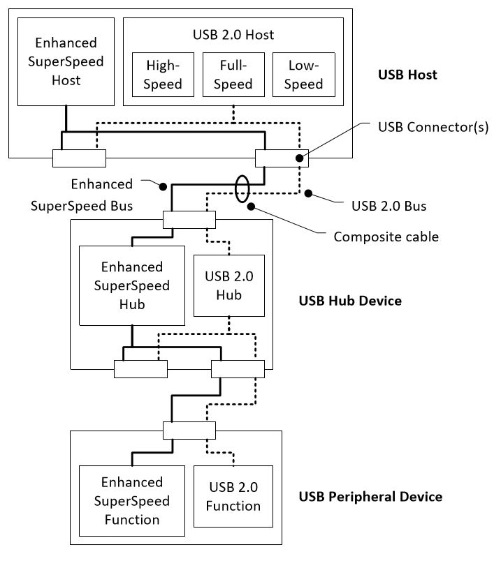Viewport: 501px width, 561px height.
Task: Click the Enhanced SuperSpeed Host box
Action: (x=66, y=61)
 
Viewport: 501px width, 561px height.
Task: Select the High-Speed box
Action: (x=164, y=75)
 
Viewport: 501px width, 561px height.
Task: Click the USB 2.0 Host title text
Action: (x=233, y=33)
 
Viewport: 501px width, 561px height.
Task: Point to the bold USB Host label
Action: (x=407, y=75)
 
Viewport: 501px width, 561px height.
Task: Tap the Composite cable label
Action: (x=386, y=237)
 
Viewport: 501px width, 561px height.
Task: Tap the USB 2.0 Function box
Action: (x=234, y=496)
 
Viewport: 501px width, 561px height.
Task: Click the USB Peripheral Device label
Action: (x=370, y=497)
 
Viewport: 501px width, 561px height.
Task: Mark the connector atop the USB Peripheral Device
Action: (x=189, y=431)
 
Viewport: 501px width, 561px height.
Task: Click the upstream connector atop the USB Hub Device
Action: (x=189, y=220)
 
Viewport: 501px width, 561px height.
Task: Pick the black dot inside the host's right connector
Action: (x=300, y=158)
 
